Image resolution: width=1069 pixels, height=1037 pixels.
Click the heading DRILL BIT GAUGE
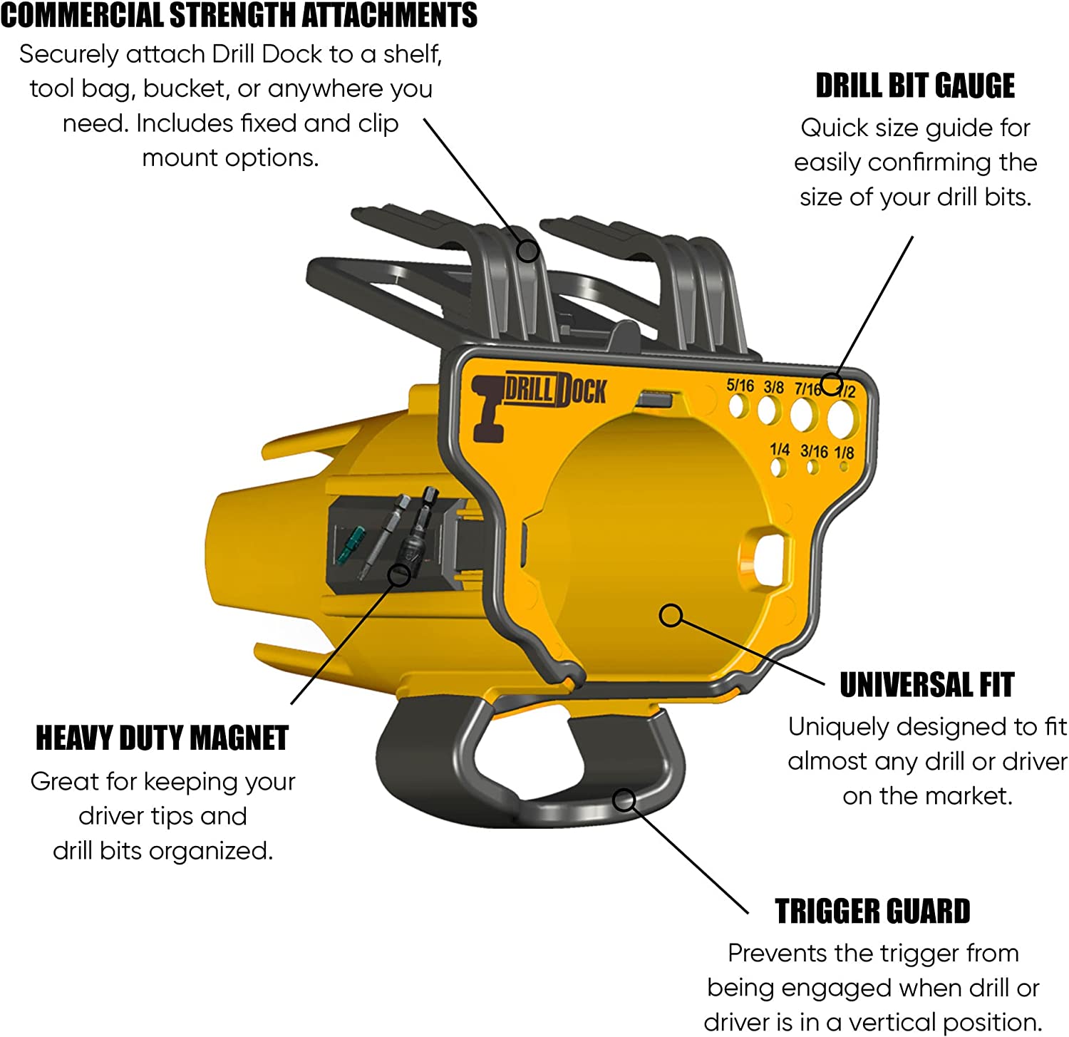(915, 86)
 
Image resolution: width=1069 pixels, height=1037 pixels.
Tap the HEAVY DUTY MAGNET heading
(162, 738)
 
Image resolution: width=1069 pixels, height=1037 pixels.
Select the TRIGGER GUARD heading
(872, 912)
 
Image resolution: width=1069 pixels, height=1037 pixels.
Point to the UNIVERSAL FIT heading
(926, 685)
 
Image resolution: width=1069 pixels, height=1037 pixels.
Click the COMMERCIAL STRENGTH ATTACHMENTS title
(239, 15)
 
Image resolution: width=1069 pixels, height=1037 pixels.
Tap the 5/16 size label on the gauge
(740, 386)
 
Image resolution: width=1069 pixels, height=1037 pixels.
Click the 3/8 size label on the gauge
(773, 388)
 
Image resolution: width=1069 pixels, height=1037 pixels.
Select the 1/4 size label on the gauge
(780, 450)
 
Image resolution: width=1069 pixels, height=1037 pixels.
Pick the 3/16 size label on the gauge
(814, 451)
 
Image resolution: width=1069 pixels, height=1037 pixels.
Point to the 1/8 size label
(844, 453)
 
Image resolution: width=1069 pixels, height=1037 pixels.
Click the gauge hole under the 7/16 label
(805, 414)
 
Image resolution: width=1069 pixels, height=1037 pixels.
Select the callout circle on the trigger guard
(624, 800)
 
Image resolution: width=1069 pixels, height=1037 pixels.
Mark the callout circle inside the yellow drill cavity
(671, 615)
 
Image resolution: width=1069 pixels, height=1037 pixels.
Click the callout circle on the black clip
(527, 251)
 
